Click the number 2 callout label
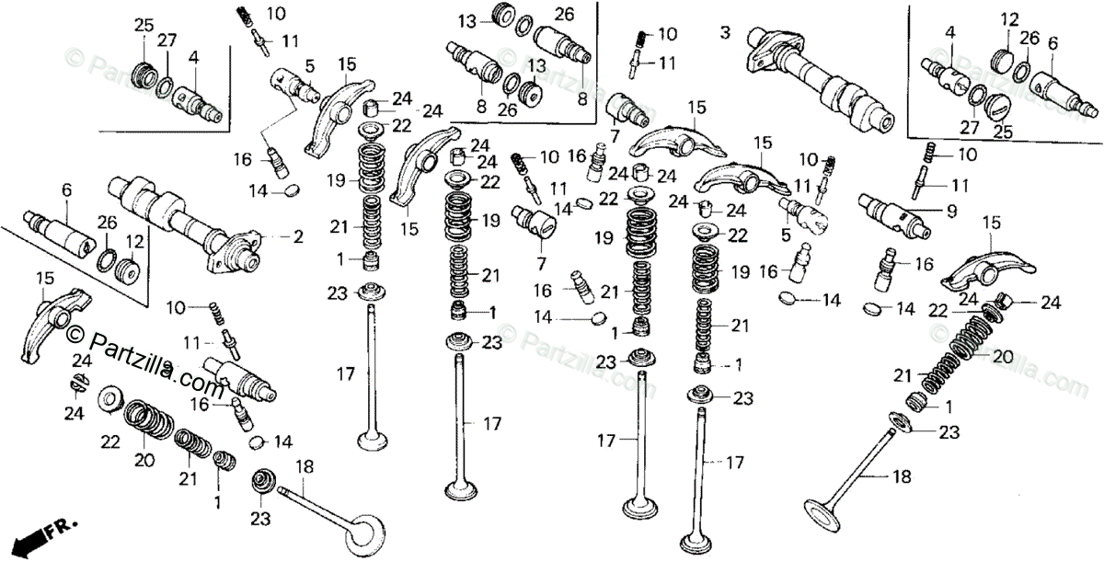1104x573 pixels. point(298,237)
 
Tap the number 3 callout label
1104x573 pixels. point(725,33)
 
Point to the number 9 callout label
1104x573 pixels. point(951,211)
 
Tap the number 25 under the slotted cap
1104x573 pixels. point(1002,132)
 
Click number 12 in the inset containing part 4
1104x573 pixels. point(1010,19)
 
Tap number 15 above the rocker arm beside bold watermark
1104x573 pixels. point(44,278)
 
